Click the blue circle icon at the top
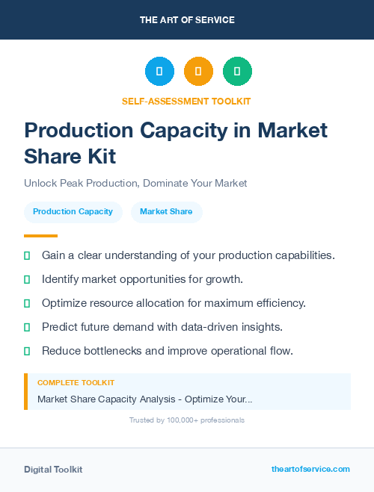pyautogui.click(x=159, y=72)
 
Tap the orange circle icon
pyautogui.click(x=198, y=72)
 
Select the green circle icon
pyautogui.click(x=237, y=72)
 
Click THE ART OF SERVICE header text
pyautogui.click(x=187, y=19)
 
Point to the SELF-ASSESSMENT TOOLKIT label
pyautogui.click(x=186, y=101)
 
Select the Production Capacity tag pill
pyautogui.click(x=73, y=211)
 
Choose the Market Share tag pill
pyautogui.click(x=166, y=211)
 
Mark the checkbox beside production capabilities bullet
pyautogui.click(x=27, y=255)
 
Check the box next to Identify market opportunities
pyautogui.click(x=27, y=279)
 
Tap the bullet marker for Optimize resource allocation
pyautogui.click(x=27, y=303)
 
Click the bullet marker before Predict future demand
pyautogui.click(x=27, y=327)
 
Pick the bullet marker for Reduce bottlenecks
pyautogui.click(x=27, y=351)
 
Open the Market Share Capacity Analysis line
pyautogui.click(x=144, y=399)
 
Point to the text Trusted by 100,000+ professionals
pyautogui.click(x=187, y=420)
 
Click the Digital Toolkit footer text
pyautogui.click(x=53, y=470)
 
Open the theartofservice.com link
pyautogui.click(x=310, y=469)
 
